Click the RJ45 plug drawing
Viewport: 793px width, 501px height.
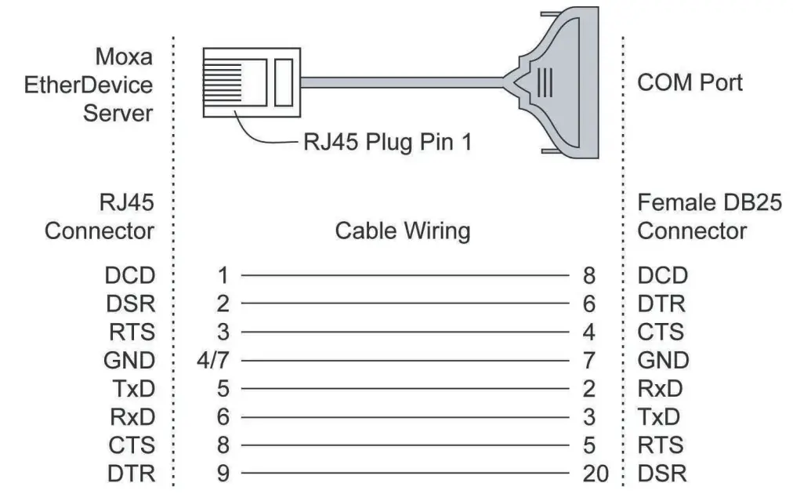[251, 81]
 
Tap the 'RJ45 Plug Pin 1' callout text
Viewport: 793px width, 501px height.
[387, 143]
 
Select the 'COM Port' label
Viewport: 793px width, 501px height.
[690, 82]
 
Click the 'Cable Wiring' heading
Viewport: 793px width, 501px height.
[403, 231]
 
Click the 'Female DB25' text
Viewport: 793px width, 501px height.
[709, 202]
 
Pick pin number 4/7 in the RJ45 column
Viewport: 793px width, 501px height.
[219, 360]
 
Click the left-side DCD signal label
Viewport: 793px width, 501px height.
[129, 275]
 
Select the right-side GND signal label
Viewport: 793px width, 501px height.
[663, 360]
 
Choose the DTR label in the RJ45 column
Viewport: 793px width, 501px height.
[129, 473]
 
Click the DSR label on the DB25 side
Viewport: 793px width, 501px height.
[662, 473]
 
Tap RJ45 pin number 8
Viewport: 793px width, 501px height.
[223, 445]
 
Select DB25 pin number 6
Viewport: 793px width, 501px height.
[589, 303]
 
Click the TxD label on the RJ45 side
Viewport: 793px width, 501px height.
[131, 388]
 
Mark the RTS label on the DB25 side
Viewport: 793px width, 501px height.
[661, 445]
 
